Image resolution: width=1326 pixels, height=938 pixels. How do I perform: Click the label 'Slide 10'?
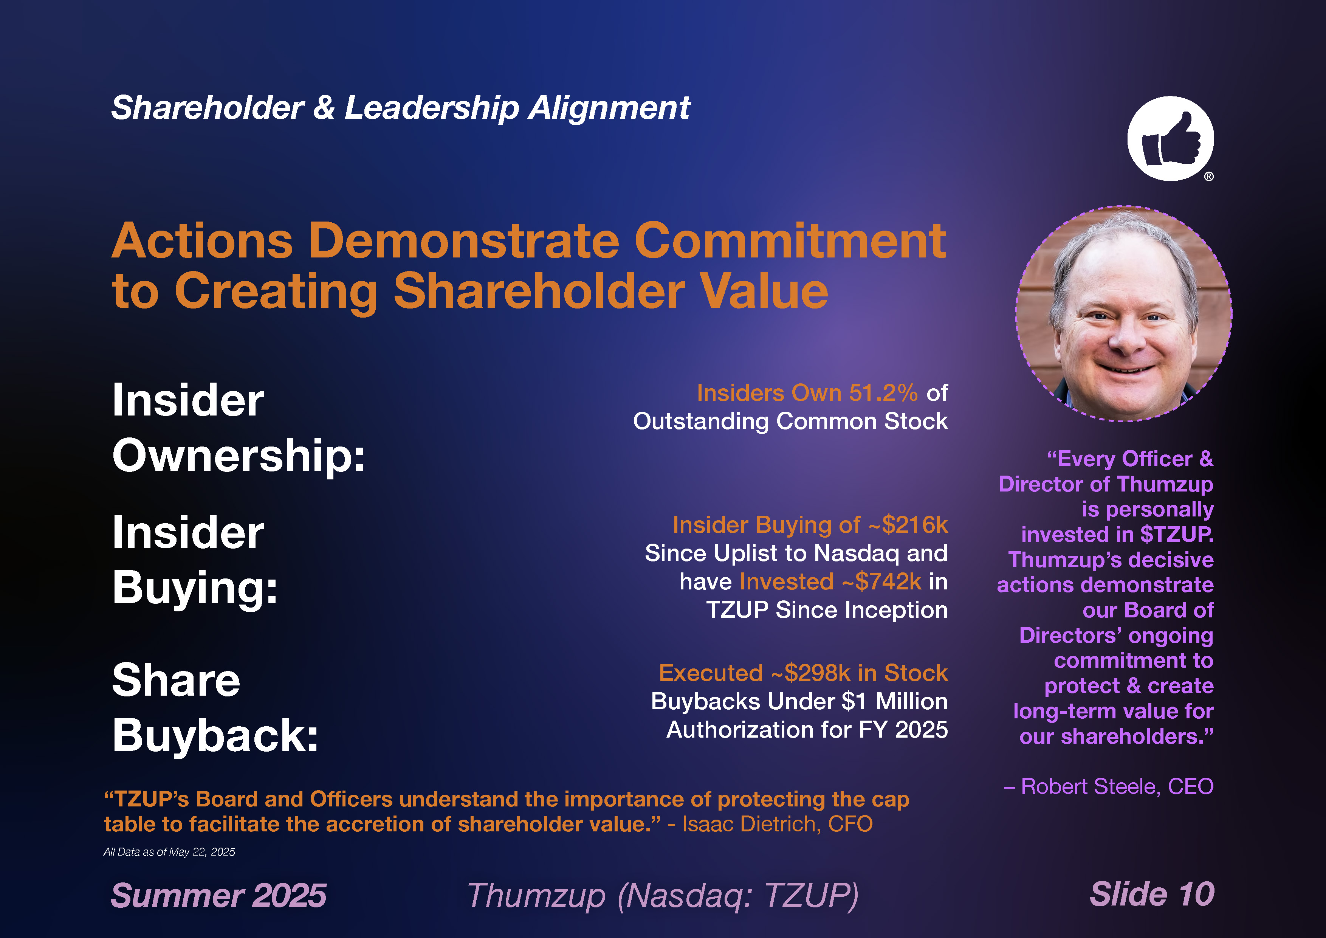tap(1152, 894)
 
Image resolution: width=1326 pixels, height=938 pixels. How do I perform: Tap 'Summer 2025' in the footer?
tap(218, 896)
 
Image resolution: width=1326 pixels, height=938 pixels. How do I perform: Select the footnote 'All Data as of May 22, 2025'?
tap(169, 852)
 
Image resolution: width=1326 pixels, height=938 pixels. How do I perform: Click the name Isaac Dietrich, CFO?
tap(778, 824)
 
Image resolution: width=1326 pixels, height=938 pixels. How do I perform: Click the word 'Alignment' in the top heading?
tap(609, 109)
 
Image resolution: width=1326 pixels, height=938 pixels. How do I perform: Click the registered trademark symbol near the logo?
tap(1209, 177)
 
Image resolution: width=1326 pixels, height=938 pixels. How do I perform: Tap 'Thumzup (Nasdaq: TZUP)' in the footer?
tap(662, 896)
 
